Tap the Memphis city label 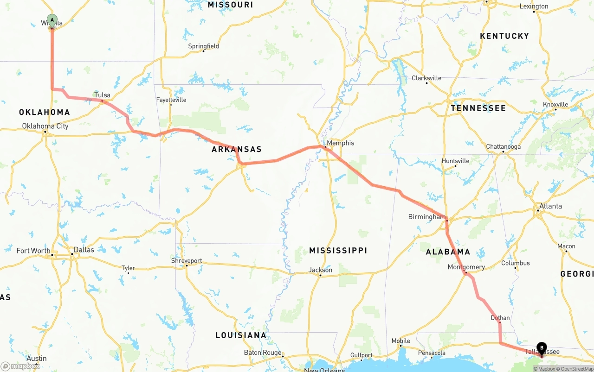[x=340, y=143]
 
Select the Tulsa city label [x=103, y=95]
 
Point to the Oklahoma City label [x=45, y=126]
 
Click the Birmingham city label [x=426, y=217]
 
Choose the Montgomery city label [x=466, y=267]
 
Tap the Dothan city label [x=500, y=318]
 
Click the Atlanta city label [x=550, y=206]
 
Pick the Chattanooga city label [x=503, y=147]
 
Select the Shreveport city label [x=187, y=261]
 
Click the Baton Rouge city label [x=263, y=353]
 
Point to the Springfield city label [x=203, y=46]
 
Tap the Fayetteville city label [x=171, y=100]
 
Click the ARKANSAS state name [x=237, y=149]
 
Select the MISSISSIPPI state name [x=338, y=251]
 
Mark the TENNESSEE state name [x=478, y=108]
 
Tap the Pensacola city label [x=432, y=353]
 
